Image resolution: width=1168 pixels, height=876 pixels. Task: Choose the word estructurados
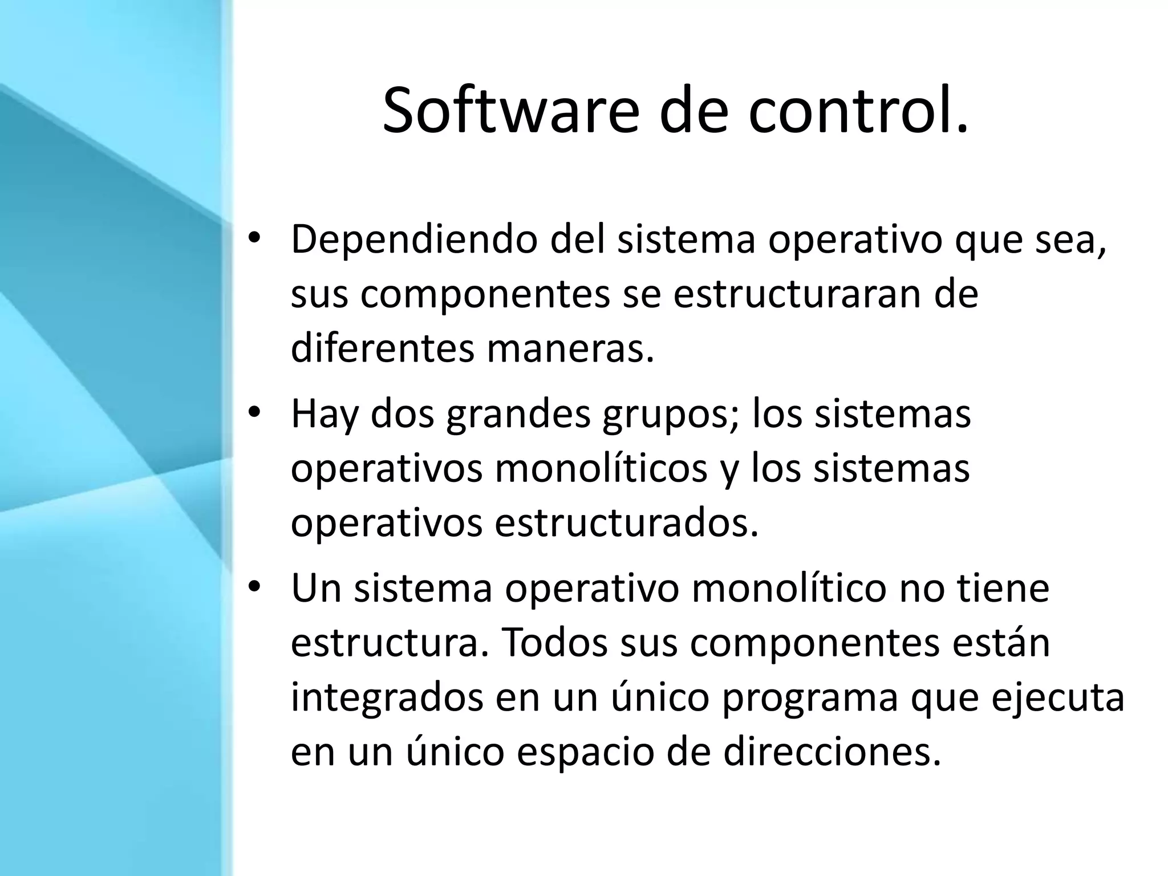point(627,522)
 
